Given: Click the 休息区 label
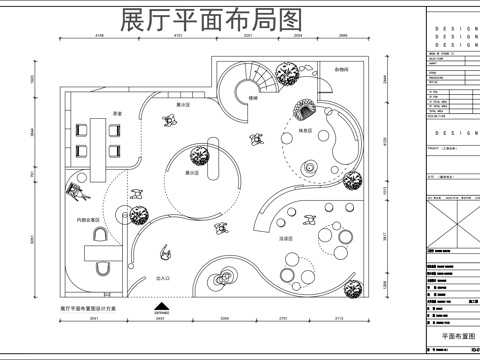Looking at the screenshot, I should tap(306, 131).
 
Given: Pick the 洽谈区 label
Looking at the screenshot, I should tap(285, 239).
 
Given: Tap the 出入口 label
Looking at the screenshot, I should tap(163, 279).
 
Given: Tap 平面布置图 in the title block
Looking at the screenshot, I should tap(452, 337).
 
